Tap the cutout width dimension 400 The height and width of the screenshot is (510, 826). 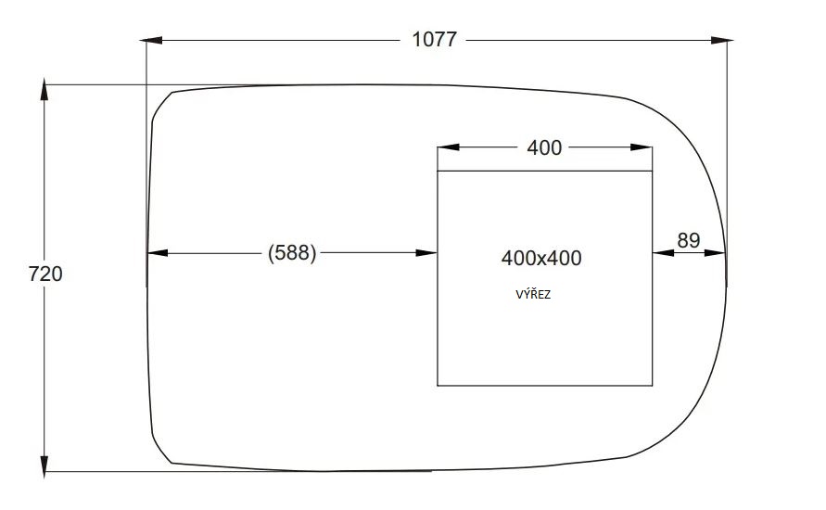544,147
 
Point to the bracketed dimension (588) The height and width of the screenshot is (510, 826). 292,253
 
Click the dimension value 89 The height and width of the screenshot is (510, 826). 688,240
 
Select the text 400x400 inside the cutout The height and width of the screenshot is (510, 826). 541,258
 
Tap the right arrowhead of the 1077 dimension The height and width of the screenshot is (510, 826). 722,40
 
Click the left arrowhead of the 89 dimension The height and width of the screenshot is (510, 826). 662,252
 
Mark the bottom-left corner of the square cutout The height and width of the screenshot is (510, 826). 438,385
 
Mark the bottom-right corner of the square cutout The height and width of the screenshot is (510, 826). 653,385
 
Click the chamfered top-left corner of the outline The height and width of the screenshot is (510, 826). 161,103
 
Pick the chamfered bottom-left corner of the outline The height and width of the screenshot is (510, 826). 160,449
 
